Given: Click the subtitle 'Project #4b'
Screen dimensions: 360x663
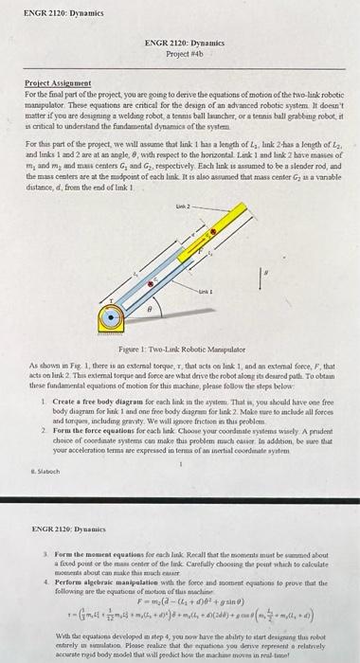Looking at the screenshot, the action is [x=180, y=52].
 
